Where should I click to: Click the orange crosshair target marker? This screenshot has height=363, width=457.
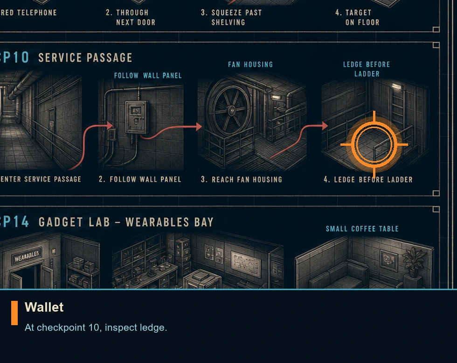(x=374, y=144)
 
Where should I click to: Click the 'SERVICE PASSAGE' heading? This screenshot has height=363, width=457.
(x=85, y=57)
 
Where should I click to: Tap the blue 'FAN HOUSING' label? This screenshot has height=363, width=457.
(x=250, y=64)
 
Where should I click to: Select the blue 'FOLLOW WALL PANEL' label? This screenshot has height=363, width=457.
(x=148, y=75)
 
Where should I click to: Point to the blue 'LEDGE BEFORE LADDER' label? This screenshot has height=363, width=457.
(x=367, y=69)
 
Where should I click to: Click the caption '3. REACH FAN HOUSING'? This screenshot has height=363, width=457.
(x=242, y=179)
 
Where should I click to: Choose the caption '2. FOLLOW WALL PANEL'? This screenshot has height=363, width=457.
(x=140, y=179)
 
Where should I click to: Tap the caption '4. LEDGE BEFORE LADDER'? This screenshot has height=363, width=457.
(x=368, y=179)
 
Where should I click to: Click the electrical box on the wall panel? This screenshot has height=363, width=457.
(x=136, y=117)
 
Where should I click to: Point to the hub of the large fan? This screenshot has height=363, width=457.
(x=232, y=110)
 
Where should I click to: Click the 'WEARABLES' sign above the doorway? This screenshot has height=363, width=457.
(x=27, y=256)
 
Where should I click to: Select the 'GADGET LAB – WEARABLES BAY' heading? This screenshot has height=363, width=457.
(x=126, y=222)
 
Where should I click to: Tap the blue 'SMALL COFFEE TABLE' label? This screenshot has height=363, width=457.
(x=362, y=228)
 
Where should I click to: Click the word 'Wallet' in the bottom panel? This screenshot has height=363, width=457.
(x=44, y=307)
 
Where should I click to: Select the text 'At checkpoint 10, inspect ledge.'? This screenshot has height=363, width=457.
(x=96, y=327)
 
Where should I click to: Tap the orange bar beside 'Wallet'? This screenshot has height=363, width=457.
(x=14, y=313)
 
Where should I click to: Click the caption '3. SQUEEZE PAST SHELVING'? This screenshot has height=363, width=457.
(x=231, y=17)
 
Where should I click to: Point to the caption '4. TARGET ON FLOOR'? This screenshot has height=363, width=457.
(x=357, y=17)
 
